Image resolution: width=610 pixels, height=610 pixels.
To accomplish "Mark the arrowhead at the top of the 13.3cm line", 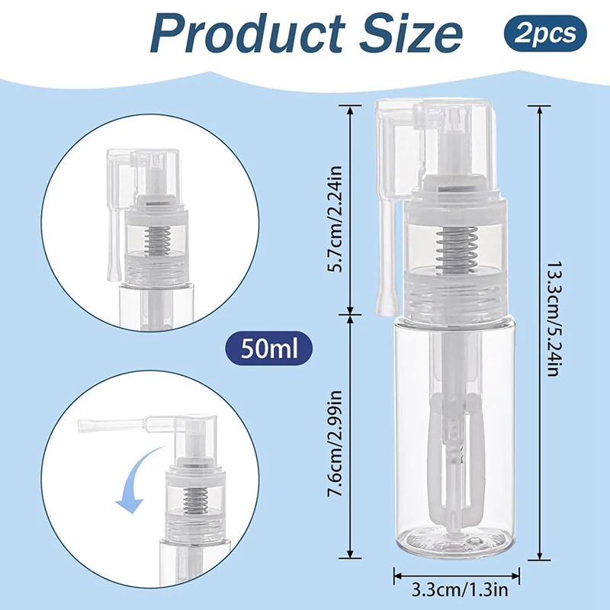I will click(x=539, y=110).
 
